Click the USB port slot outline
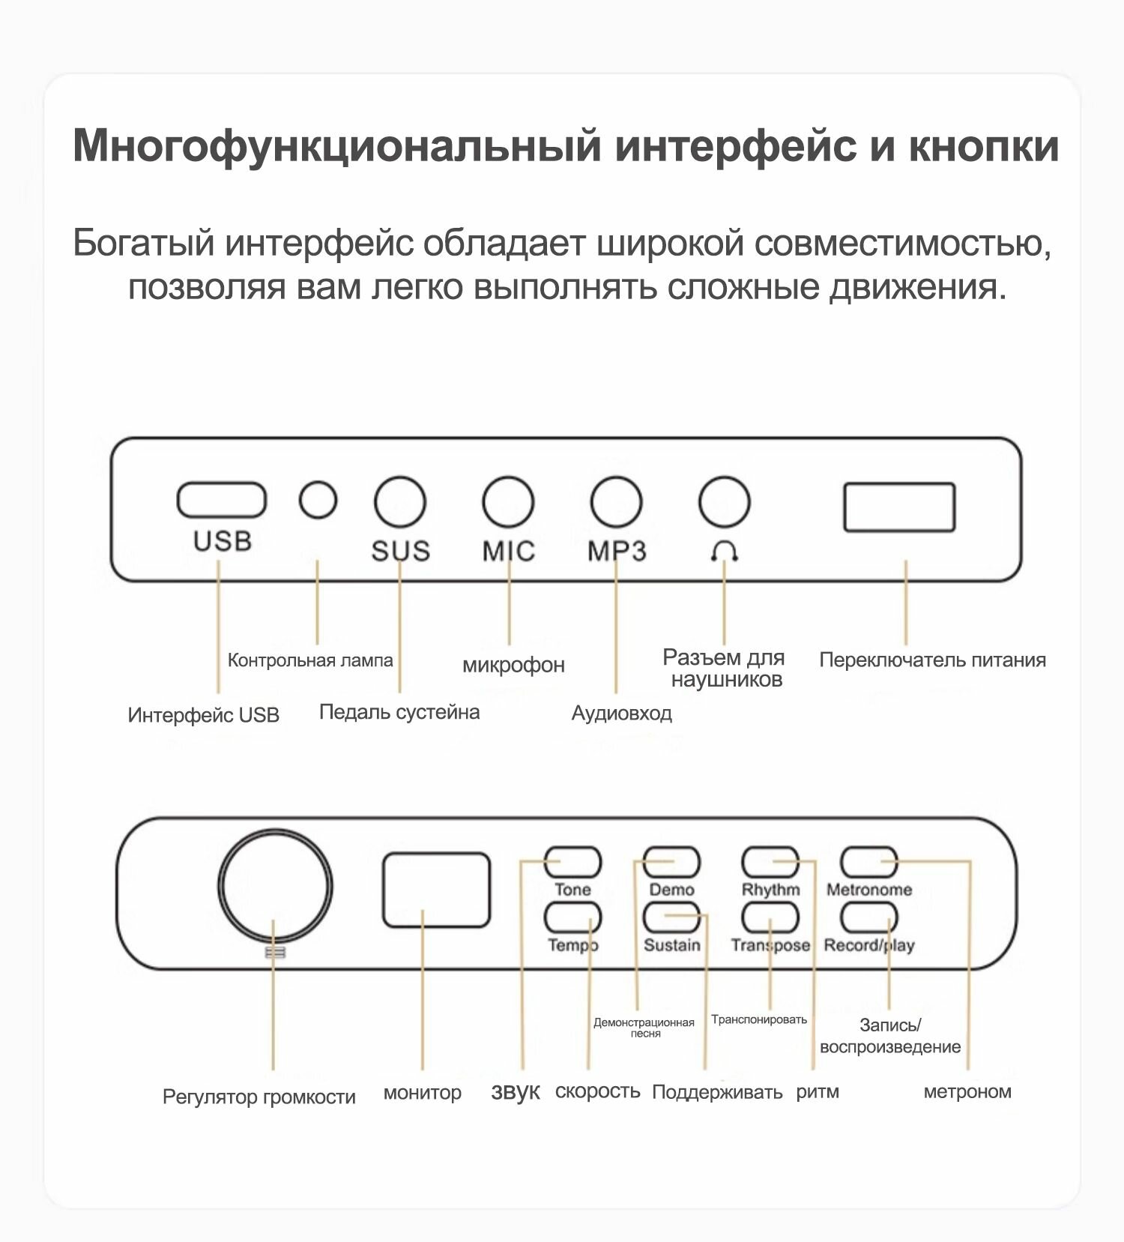[x=221, y=500]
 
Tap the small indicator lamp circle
[x=318, y=499]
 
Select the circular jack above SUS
[x=400, y=501]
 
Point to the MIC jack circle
[x=508, y=501]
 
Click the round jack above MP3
[x=616, y=501]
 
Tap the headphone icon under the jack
[x=724, y=552]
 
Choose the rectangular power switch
[x=899, y=507]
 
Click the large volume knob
[x=275, y=885]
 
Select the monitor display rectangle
[x=436, y=890]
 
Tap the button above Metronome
[x=869, y=862]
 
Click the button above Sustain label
[x=671, y=917]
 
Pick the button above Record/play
[x=869, y=917]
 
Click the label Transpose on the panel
[x=770, y=945]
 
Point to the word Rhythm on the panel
[x=770, y=890]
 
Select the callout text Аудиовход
[x=621, y=713]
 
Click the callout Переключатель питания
[x=932, y=660]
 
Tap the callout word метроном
[x=967, y=1092]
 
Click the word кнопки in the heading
[x=984, y=145]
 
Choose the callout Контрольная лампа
[x=310, y=660]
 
